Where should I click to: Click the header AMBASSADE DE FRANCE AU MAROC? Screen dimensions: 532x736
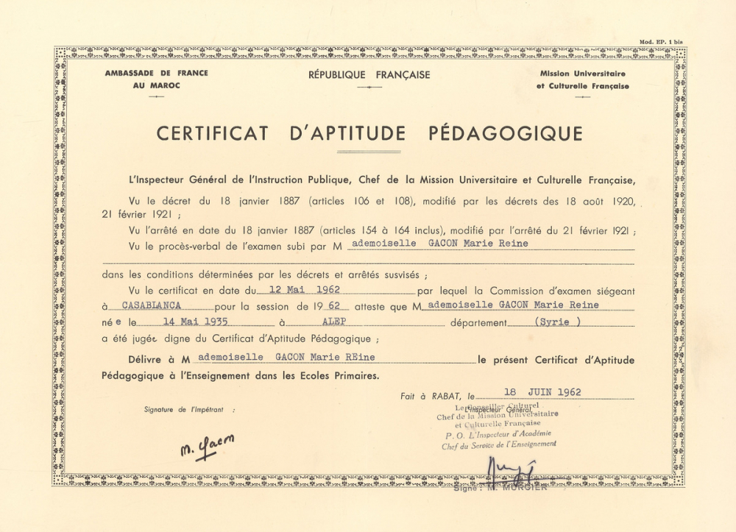pos(156,79)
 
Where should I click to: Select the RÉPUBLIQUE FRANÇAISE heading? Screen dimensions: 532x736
pos(369,75)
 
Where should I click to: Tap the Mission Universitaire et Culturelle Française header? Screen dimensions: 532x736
pos(582,80)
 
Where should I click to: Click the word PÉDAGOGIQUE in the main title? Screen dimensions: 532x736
pos(505,133)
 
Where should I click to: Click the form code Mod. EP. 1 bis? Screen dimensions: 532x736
pos(660,42)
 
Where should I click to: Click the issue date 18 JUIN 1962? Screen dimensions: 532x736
pos(542,392)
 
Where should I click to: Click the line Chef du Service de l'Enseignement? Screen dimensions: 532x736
pos(498,444)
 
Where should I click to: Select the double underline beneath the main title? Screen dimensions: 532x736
pos(369,152)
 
